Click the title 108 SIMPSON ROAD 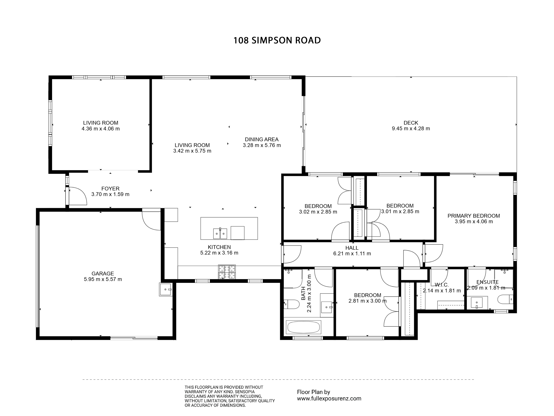point(277,40)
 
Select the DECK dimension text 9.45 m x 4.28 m point(411,129)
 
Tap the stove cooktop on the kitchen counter point(227,272)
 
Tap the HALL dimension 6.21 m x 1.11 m point(352,253)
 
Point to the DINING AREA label point(262,139)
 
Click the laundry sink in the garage point(166,289)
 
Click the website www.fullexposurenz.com point(329,398)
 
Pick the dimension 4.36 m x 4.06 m point(101,129)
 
